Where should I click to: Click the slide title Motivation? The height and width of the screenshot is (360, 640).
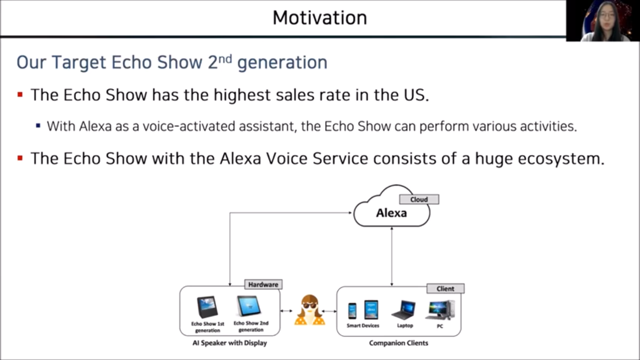320,18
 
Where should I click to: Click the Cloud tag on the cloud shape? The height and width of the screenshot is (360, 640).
419,199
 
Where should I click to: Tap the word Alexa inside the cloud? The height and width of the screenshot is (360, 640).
391,213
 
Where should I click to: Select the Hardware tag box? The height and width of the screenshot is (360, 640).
263,285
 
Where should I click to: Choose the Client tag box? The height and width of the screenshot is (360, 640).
446,289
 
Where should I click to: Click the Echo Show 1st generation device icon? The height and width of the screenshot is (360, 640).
208,307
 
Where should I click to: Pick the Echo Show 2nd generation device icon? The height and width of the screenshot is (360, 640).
249,306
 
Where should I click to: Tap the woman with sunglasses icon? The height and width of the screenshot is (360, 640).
310,310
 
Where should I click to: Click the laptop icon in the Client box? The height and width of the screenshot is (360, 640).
404,310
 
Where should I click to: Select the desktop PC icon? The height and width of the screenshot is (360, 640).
440,310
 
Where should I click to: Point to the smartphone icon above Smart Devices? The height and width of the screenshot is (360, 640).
352,311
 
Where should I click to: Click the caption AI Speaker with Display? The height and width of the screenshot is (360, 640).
230,343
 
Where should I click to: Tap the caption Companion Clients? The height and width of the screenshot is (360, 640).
399,343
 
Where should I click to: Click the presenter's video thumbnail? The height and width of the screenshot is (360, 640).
603,21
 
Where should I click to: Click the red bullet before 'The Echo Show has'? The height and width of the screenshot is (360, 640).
20,95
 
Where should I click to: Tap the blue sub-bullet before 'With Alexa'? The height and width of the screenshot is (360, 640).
38,126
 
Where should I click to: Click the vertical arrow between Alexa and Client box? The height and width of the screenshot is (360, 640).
392,256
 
